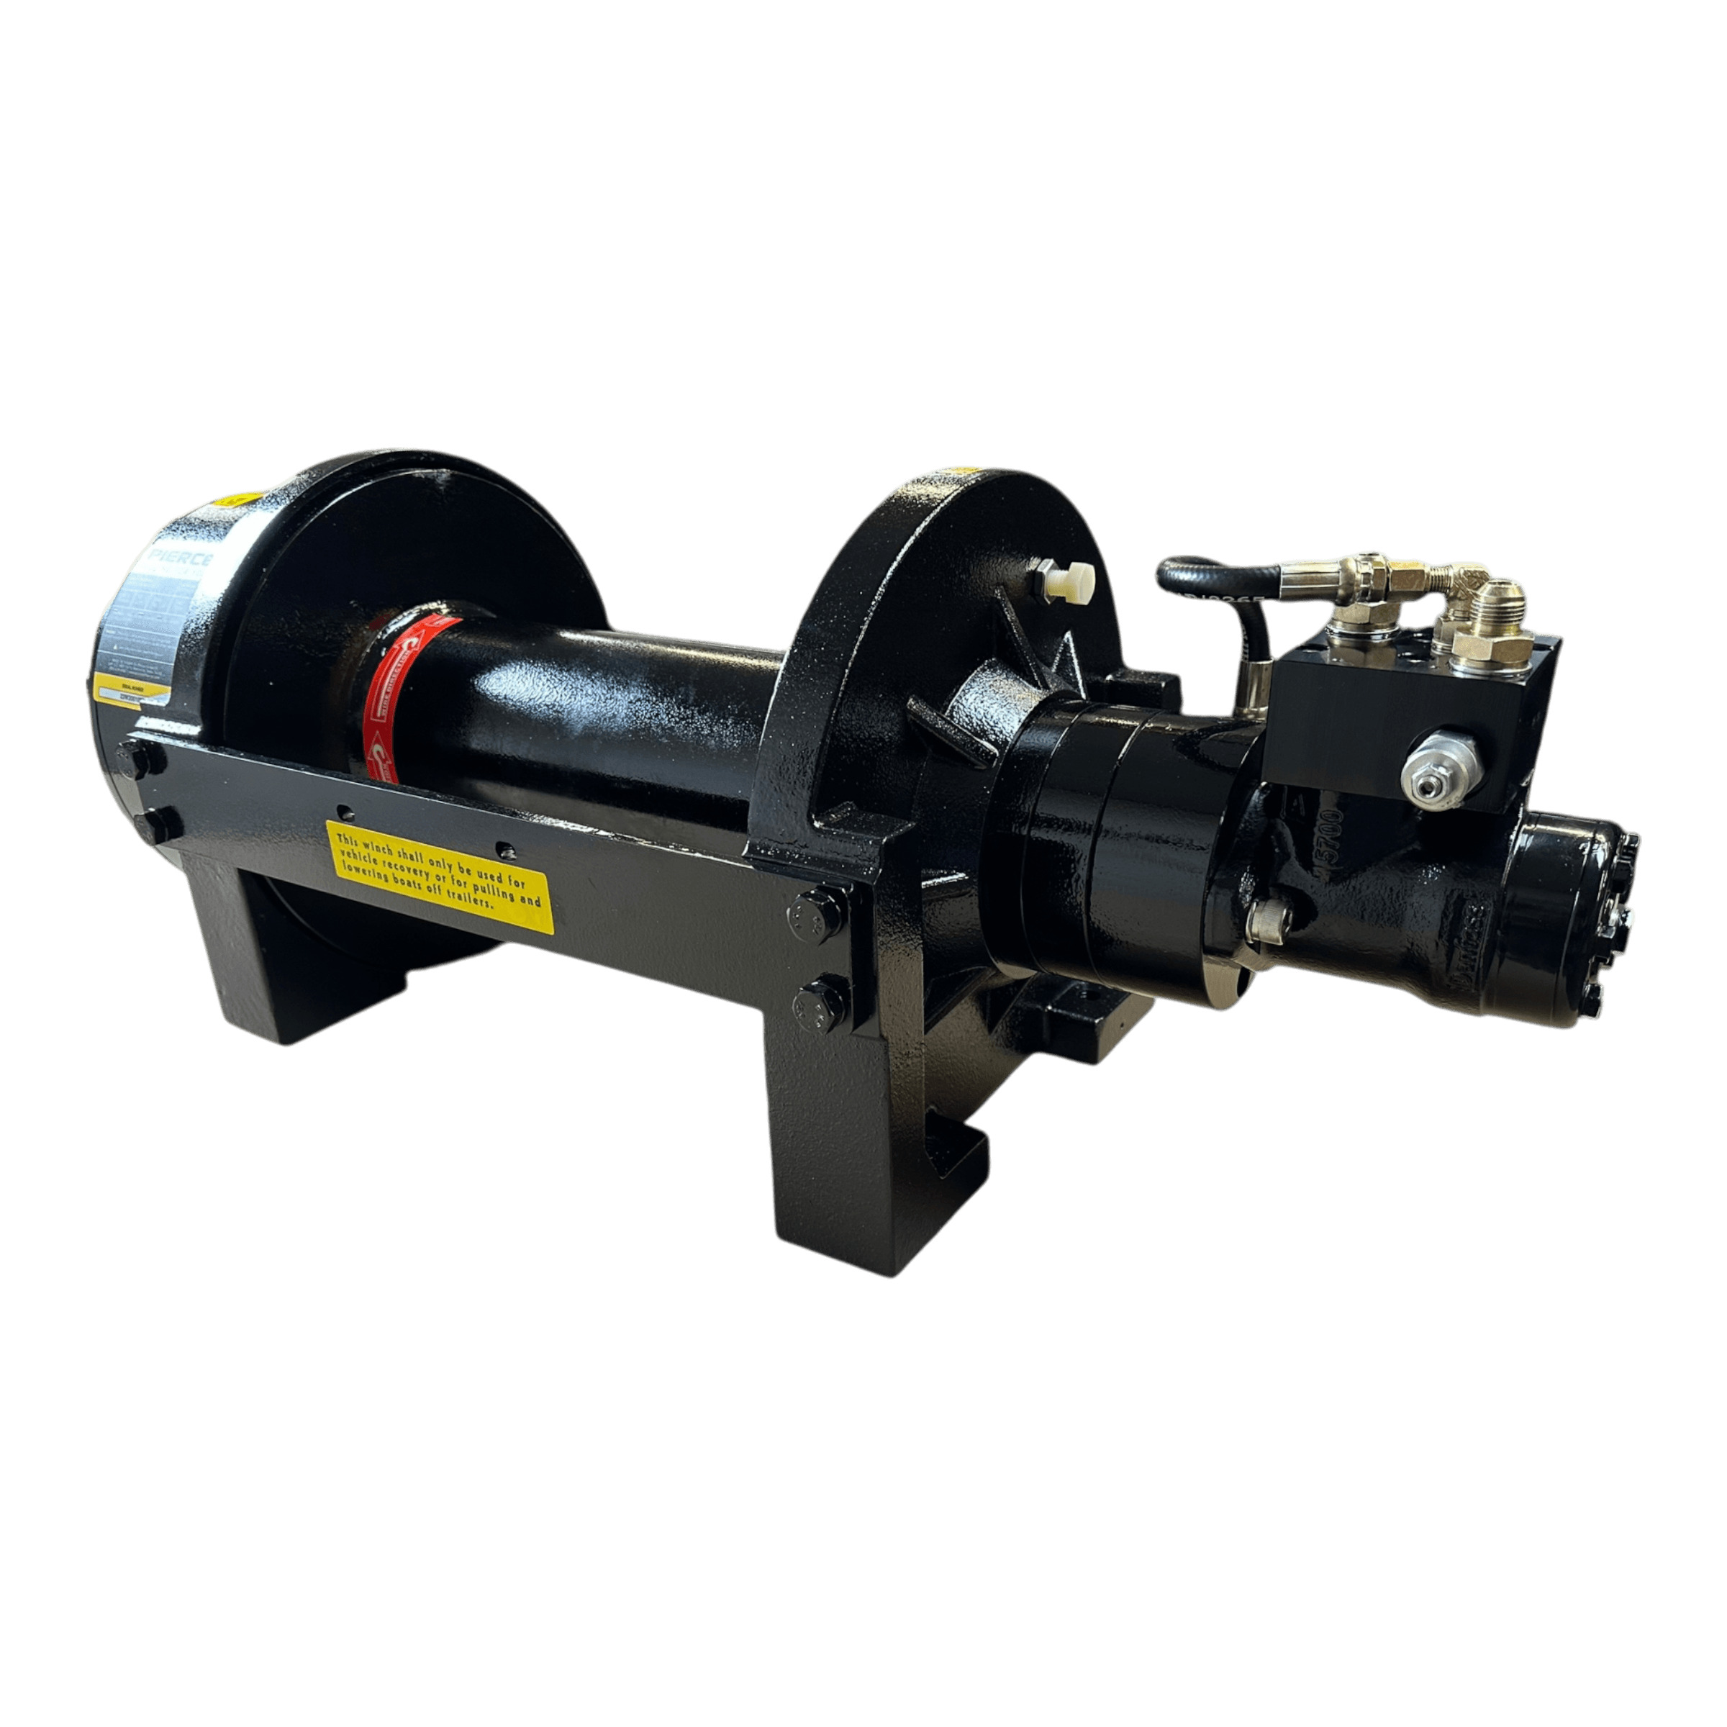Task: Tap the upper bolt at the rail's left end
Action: tap(140, 758)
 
